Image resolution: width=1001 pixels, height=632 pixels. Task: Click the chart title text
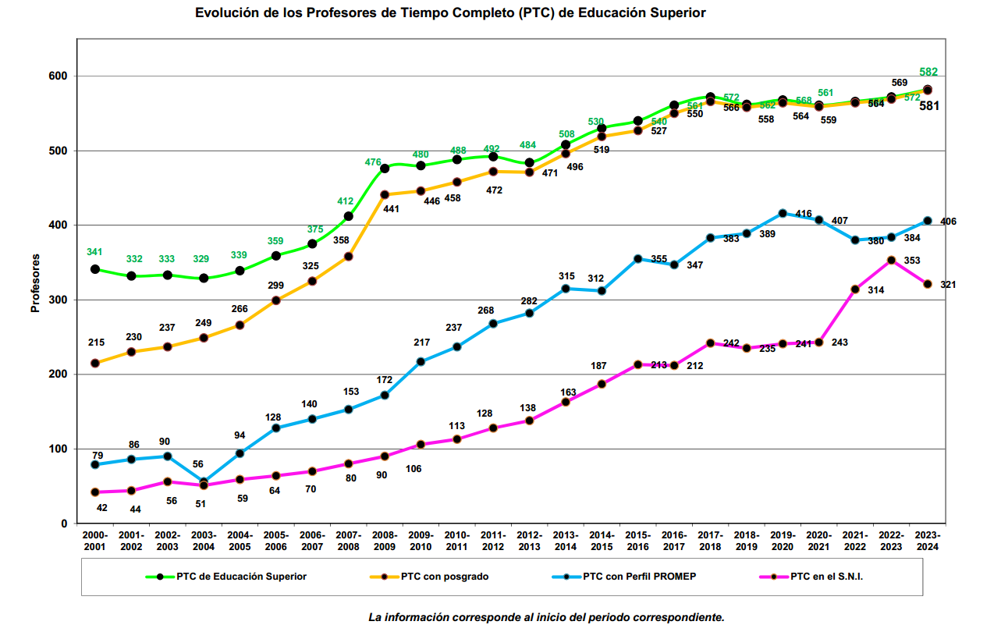click(x=450, y=13)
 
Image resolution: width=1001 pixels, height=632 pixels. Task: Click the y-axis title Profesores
click(x=35, y=282)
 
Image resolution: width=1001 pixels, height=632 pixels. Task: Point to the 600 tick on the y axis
click(x=59, y=76)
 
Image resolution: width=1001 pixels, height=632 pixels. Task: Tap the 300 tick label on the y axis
click(x=59, y=300)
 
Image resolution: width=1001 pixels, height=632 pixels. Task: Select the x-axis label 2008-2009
click(x=385, y=541)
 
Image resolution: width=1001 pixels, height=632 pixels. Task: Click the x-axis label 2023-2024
click(x=927, y=541)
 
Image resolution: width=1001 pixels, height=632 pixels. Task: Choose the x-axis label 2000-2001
click(x=95, y=541)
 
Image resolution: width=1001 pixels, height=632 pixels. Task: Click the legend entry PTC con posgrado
click(x=445, y=577)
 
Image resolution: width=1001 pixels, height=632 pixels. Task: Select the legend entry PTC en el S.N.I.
click(x=827, y=577)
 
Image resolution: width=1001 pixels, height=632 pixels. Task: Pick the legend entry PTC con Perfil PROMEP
click(x=639, y=577)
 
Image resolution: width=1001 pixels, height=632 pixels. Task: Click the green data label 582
click(x=928, y=73)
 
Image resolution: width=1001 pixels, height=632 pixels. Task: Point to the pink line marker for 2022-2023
click(x=891, y=261)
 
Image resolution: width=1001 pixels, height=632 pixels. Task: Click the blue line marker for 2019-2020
click(x=783, y=213)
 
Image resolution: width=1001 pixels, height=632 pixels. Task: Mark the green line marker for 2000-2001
click(x=95, y=269)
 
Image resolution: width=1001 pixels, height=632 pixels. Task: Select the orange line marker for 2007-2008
click(x=349, y=257)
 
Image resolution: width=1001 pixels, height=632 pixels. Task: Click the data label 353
click(x=912, y=261)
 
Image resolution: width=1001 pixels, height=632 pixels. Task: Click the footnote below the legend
click(x=546, y=617)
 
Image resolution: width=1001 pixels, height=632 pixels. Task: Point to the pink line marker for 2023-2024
click(x=928, y=284)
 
